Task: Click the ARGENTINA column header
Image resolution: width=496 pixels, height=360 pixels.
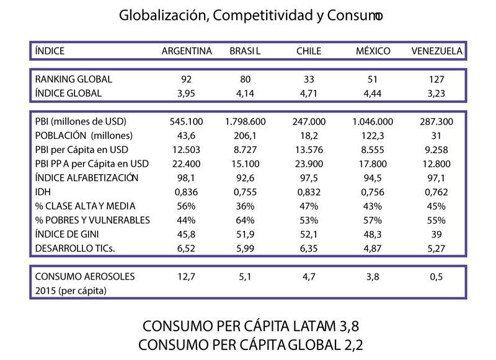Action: [187, 51]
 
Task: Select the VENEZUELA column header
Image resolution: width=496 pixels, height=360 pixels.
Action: [436, 51]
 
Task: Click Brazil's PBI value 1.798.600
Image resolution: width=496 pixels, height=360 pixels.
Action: [248, 121]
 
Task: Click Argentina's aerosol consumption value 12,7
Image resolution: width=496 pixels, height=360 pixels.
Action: [187, 276]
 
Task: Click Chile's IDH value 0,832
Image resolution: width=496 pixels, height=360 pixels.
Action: [309, 192]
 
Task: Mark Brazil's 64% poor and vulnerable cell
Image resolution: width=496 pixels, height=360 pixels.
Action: [248, 221]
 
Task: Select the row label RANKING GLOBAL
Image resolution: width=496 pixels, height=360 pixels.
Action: [74, 79]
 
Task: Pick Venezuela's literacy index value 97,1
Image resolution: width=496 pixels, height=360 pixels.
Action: [436, 178]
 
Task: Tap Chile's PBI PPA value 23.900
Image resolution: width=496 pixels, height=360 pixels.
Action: [309, 164]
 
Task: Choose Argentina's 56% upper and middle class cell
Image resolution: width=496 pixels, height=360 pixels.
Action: [187, 206]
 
